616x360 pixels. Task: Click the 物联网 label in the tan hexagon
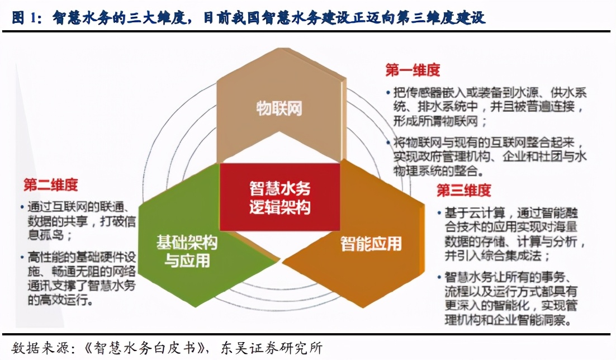click(x=279, y=108)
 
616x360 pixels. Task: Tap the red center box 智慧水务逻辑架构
click(x=279, y=198)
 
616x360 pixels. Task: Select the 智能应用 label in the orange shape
click(x=371, y=244)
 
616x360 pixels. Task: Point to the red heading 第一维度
click(x=413, y=70)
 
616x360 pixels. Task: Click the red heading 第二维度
click(x=50, y=185)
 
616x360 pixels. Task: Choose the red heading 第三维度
click(x=463, y=190)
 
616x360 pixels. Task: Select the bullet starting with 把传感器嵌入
click(x=486, y=106)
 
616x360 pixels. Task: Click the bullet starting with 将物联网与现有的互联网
click(x=486, y=157)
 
